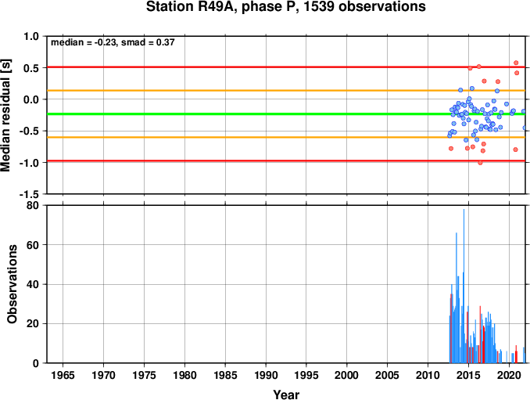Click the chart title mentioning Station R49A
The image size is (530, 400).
pos(285,6)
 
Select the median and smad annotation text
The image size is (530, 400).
pos(113,42)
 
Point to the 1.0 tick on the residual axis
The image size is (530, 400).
pos(31,36)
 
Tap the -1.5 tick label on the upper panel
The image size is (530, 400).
pos(29,194)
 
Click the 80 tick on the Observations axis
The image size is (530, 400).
pos(33,205)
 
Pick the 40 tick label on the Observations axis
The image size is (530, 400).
pos(33,284)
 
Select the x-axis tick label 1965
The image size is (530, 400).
pos(63,375)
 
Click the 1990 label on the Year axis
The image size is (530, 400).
pos(266,375)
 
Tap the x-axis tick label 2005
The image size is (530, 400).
pos(388,375)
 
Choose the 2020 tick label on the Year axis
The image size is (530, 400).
pos(509,375)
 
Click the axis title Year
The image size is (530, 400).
pos(286,395)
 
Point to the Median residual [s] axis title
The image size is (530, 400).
pos(5,115)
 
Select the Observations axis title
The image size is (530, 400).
pos(13,284)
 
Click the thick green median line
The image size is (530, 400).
pos(286,114)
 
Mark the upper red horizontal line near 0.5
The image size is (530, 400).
pos(286,67)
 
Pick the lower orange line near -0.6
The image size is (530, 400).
pos(286,137)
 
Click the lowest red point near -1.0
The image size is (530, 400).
pos(480,163)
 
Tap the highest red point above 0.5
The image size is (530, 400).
pos(516,63)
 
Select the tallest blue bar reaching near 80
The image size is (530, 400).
pos(464,286)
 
